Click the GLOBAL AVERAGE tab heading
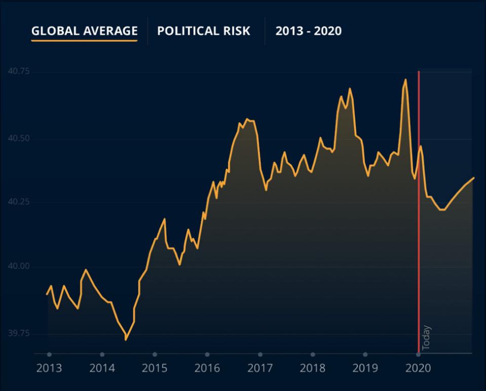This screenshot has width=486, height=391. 84,30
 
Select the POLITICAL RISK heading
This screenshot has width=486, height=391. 203,30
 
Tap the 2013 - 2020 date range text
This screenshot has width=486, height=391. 308,31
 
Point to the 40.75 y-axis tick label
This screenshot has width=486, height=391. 19,72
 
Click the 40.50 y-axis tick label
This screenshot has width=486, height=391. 19,138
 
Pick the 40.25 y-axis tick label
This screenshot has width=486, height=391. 19,202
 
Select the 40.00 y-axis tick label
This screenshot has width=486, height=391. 19,266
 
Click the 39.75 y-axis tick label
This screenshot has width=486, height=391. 19,333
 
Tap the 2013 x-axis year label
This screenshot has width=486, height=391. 49,368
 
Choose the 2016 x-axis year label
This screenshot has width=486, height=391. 207,368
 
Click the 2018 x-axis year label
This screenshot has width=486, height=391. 313,368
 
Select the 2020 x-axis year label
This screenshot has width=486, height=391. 418,368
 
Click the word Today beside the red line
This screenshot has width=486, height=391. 426,337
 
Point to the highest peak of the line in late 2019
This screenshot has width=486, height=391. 405,79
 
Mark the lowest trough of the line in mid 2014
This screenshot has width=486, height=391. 126,339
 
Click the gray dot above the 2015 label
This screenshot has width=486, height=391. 155,354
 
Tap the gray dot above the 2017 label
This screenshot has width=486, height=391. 260,354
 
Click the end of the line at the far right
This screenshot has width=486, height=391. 473,178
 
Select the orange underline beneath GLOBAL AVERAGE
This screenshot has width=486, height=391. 84,40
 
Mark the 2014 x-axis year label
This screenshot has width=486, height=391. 102,368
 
